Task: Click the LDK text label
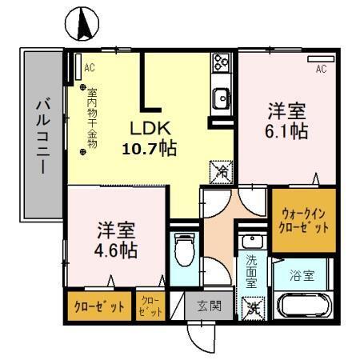click(149, 128)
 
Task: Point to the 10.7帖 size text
click(150, 148)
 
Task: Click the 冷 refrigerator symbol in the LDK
click(221, 171)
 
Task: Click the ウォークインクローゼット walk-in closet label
click(304, 218)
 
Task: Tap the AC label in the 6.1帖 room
click(321, 69)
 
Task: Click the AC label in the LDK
click(89, 66)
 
